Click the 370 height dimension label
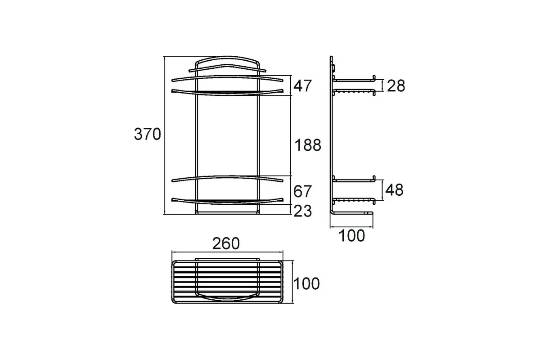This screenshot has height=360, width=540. pos(147,134)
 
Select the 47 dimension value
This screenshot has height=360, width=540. pos(302,85)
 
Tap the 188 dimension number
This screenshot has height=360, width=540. pos(308,145)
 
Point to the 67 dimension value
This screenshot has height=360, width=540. pos(302,191)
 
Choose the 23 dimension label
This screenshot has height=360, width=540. pos(303,211)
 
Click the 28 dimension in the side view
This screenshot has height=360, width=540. pos(396,86)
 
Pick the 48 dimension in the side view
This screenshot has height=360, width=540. pos(394,190)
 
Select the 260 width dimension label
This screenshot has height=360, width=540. pos(226,243)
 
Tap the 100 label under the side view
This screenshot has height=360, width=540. pos(352,236)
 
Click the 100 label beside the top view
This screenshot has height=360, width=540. pos(306,283)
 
